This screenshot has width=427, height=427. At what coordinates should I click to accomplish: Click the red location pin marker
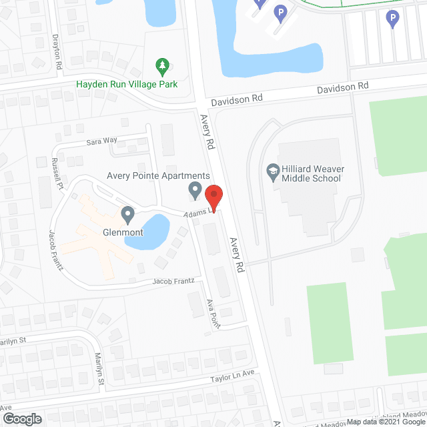pos(213,195)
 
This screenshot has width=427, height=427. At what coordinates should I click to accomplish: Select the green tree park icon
pos(161,65)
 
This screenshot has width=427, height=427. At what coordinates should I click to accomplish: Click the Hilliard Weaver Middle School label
pos(311,173)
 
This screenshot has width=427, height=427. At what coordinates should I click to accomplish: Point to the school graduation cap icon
pos(272,171)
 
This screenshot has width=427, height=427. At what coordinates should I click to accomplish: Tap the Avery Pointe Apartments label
pos(154,175)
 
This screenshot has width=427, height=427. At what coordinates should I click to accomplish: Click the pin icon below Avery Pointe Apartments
pos(195,190)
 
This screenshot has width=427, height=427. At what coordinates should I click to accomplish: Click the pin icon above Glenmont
pos(127,215)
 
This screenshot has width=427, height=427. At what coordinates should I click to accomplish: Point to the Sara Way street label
pos(101,141)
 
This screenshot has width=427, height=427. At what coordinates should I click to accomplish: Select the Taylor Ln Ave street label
pos(233,377)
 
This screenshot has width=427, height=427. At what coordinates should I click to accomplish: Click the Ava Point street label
pos(213,312)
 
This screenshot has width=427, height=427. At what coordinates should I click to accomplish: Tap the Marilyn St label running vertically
pos(99,369)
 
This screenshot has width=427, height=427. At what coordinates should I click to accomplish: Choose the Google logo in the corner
pos(21,418)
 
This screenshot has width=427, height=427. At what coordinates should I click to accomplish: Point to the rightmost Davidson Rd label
pos(342,87)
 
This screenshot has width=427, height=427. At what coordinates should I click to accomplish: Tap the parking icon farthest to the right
pos(394,19)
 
